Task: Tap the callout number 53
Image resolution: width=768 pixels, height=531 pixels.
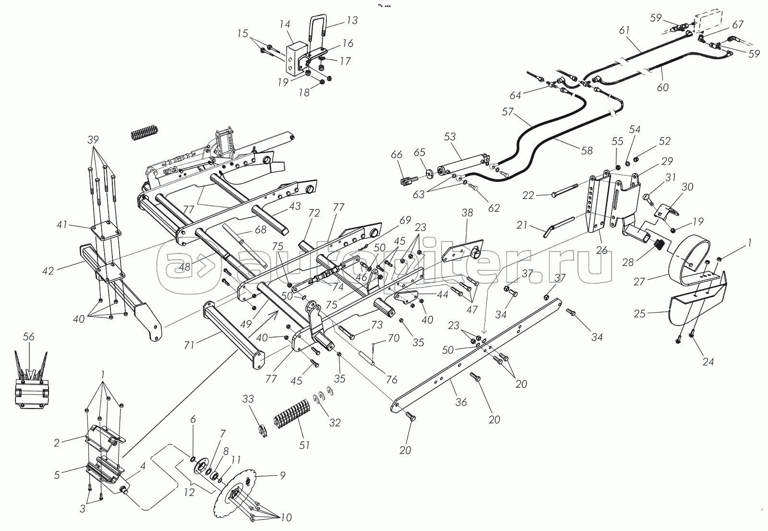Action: [x=449, y=137]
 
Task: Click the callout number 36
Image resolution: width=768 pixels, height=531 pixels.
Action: [x=461, y=402]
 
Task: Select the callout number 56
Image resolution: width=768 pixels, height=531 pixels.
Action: [x=29, y=338]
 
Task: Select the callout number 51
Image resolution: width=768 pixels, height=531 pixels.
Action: [x=304, y=445]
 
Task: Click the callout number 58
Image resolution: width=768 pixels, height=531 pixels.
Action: [x=587, y=151]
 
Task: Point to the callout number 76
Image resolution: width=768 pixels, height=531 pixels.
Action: [x=391, y=379]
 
